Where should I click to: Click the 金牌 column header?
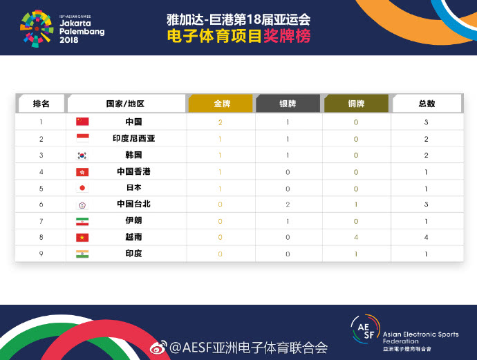coord(221,104)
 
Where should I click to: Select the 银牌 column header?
coord(288,104)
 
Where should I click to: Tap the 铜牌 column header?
coord(356,104)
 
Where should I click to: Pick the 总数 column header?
coord(427,104)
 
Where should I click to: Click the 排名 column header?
coord(41,104)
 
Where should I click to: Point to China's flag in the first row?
coord(82,122)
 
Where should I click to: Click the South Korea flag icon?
coord(82,155)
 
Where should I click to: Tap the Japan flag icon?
coord(82,188)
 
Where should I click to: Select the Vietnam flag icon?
coord(82,237)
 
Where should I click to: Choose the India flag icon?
coord(82,254)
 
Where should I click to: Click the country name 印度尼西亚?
coord(133,138)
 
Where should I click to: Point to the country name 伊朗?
coord(133,221)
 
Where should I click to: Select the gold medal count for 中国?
coord(221,122)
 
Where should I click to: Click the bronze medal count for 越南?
coord(356,237)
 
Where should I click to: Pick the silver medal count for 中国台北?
coord(288,205)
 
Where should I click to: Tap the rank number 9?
coord(41,254)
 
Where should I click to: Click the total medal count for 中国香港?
coord(427,171)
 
